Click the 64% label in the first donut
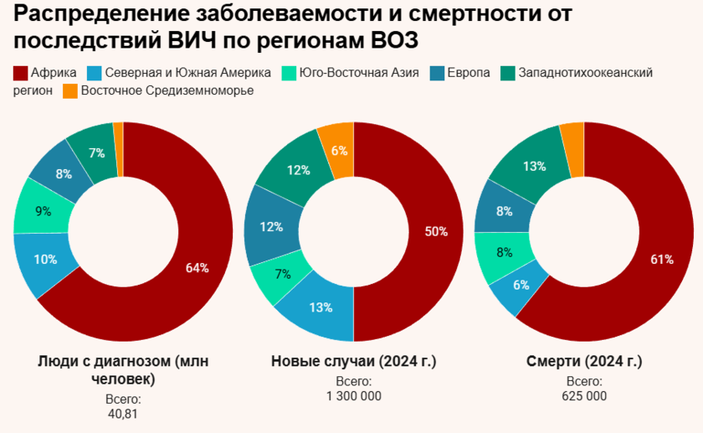[x=197, y=268]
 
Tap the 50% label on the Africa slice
[x=436, y=232]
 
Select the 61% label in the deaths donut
[x=661, y=259]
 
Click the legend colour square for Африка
[x=20, y=73]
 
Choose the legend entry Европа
[x=469, y=73]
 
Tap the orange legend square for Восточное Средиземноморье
[x=69, y=90]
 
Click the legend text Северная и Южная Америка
[x=186, y=73]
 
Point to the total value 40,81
[x=123, y=414]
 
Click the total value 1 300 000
[x=354, y=396]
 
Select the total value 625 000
[x=584, y=396]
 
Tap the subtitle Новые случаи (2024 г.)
[x=354, y=362]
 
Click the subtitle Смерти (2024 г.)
[x=584, y=362]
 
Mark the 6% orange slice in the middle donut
[x=339, y=151]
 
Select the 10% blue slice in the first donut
[x=46, y=260]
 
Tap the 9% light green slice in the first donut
[x=43, y=212]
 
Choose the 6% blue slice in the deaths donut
[x=521, y=285]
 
